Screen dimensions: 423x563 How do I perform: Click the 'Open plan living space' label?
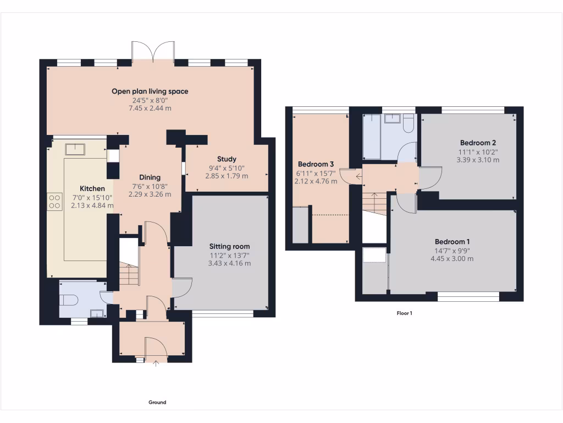150,91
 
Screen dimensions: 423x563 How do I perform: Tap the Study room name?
227,159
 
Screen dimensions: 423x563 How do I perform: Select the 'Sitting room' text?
229,246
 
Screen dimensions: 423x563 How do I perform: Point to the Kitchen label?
92,188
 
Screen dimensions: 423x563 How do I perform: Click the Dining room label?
150,177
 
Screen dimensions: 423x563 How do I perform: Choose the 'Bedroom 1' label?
452,242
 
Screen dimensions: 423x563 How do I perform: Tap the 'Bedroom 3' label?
316,164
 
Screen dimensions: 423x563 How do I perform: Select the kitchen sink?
75,149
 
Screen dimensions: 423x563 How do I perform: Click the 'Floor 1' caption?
404,313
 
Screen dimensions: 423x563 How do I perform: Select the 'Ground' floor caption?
157,403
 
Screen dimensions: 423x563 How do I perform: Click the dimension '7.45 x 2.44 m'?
150,108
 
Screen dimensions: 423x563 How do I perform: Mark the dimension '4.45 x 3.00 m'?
452,258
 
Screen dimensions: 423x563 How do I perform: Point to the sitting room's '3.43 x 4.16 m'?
229,263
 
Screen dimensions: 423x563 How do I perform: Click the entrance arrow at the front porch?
156,363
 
